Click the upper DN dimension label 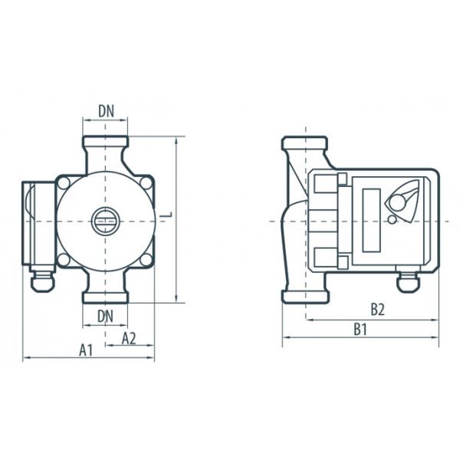tap(107, 111)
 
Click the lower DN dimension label tap(105, 317)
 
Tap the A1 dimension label tap(86, 350)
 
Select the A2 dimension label tap(129, 338)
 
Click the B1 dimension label tap(360, 330)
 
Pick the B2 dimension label tap(377, 310)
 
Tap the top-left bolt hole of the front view tap(64, 182)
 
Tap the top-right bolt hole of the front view tap(146, 182)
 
